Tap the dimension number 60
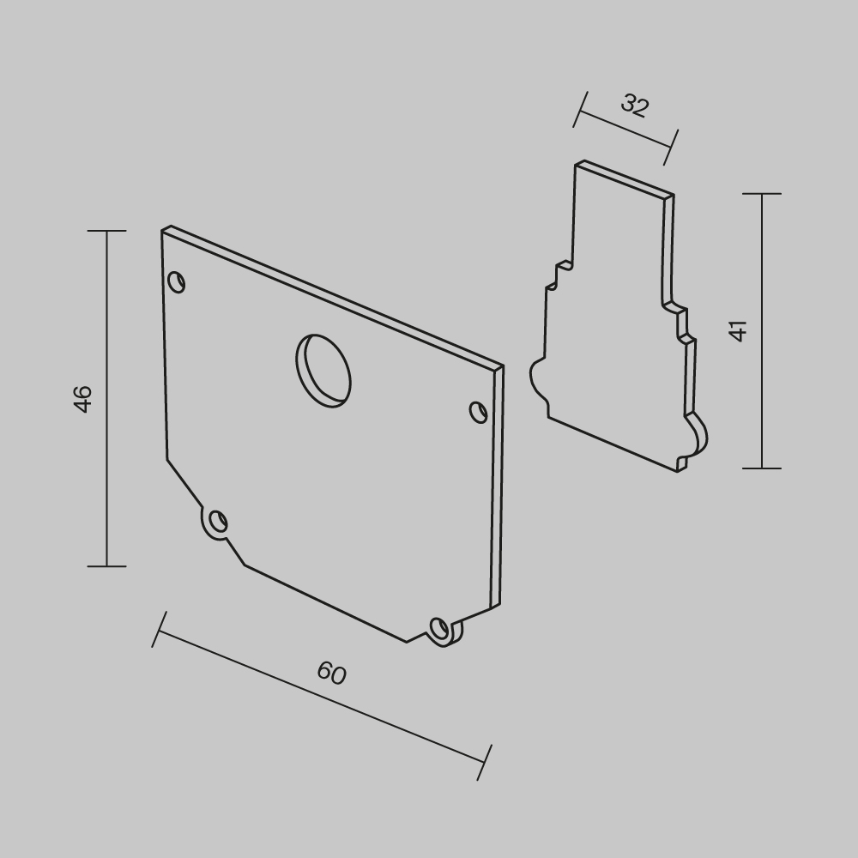(331, 673)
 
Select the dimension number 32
(635, 105)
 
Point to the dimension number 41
(739, 331)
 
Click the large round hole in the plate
(323, 371)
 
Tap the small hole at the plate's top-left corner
(176, 282)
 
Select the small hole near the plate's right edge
(479, 412)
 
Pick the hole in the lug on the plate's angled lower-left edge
(218, 521)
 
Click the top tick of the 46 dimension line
(106, 231)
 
